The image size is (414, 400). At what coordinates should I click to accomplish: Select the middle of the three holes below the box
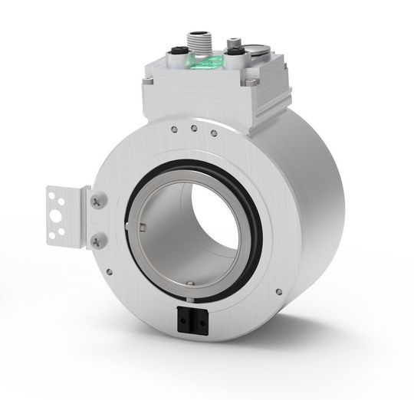coord(194,127)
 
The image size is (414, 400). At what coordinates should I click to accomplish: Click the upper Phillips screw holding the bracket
coord(94,202)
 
